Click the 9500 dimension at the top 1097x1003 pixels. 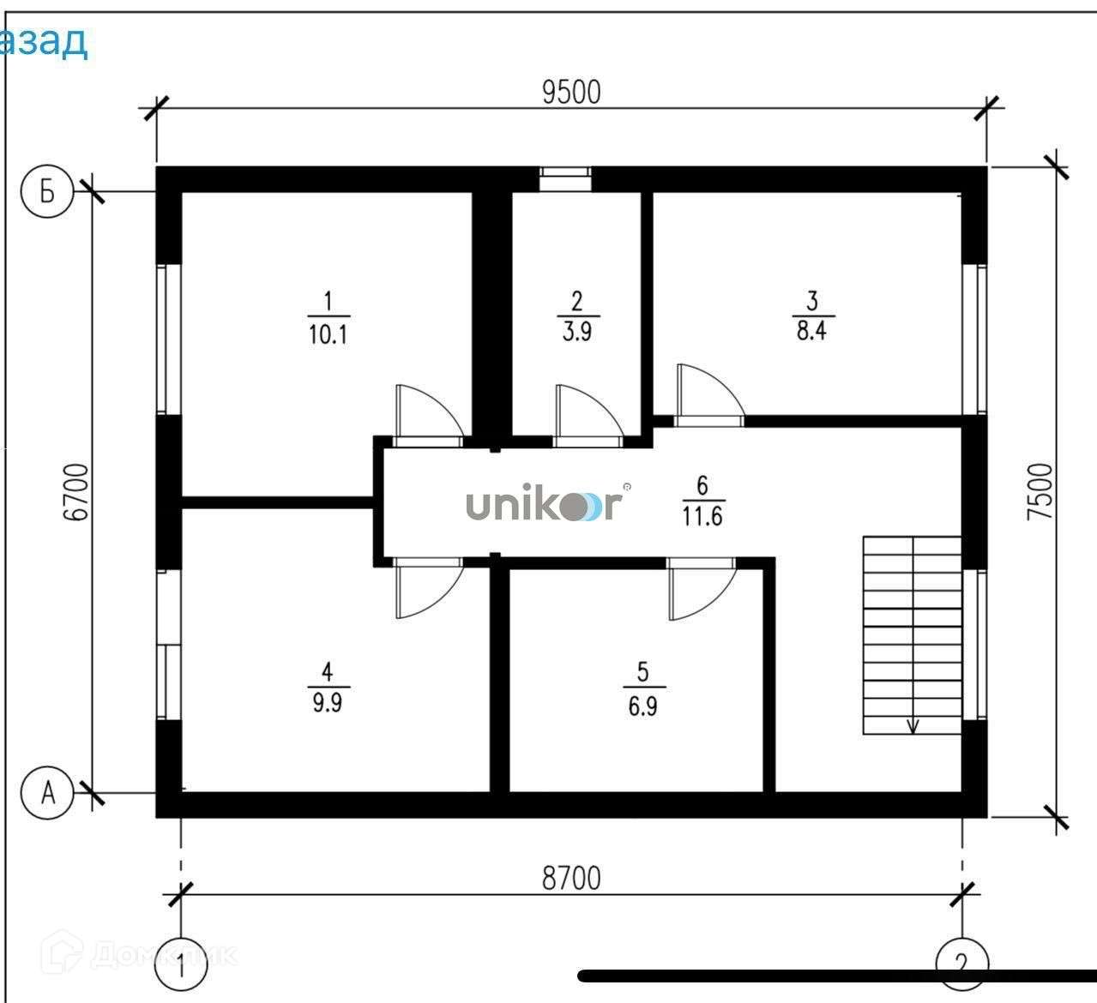[571, 92]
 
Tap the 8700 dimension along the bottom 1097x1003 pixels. [571, 878]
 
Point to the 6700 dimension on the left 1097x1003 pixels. [76, 492]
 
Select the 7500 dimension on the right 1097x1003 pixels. [1039, 491]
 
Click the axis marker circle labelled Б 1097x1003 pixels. [48, 192]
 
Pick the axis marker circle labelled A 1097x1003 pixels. [48, 793]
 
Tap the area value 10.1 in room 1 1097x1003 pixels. [327, 333]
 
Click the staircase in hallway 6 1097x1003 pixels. [912, 634]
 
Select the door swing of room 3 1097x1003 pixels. [707, 393]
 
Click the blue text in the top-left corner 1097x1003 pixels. [43, 40]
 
